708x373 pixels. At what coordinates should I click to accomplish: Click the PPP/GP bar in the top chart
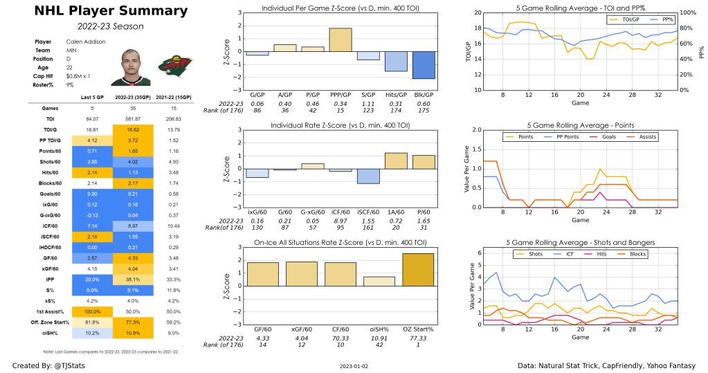pos(341,39)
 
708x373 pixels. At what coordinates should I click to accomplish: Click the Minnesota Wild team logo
pos(170,66)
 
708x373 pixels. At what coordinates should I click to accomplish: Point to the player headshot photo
pos(131,66)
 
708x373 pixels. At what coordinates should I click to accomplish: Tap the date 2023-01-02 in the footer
pos(355,365)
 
